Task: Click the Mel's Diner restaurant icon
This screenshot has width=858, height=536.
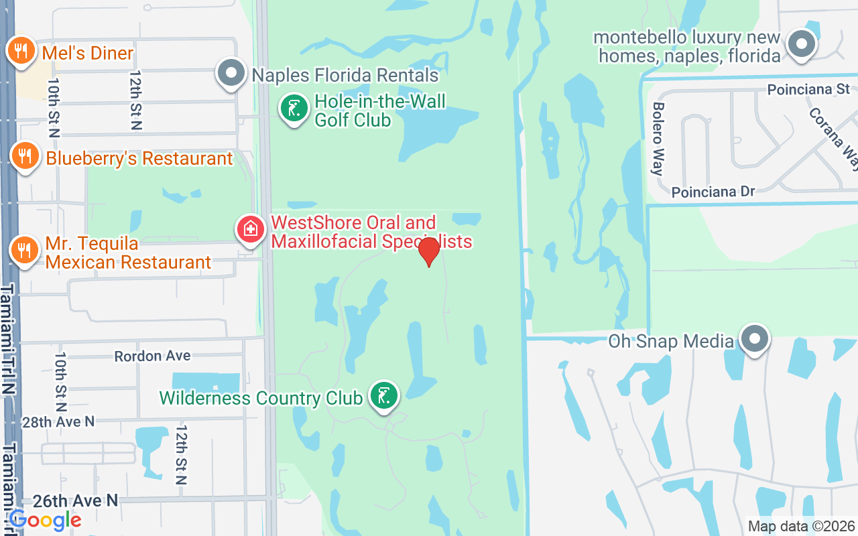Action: pos(21,50)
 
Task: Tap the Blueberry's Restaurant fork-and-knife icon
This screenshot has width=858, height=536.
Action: pos(25,156)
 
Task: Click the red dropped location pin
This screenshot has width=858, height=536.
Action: pos(428,252)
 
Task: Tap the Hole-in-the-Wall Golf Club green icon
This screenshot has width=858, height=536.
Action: pos(294,108)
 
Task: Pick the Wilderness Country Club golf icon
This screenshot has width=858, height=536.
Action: pos(383,395)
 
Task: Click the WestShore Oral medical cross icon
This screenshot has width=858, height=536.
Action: pos(250,229)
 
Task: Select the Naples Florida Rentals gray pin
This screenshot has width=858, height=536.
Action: pos(232,74)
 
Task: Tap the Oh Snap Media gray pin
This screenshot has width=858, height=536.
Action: pos(755,339)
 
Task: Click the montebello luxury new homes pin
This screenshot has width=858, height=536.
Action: pos(800,45)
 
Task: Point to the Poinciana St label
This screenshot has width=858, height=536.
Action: pos(808,89)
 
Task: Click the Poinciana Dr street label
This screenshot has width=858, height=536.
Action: pos(713,192)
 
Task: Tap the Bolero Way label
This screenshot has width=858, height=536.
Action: pos(658,139)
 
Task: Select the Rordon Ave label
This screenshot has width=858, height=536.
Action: pos(152,356)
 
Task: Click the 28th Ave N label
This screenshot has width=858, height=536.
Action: pos(58,421)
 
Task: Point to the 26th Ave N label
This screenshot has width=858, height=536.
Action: pos(76,500)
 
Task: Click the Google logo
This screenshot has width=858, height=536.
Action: pos(45,520)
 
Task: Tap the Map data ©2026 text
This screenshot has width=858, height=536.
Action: pos(801,527)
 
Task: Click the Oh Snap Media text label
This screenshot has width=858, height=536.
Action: pos(671,341)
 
